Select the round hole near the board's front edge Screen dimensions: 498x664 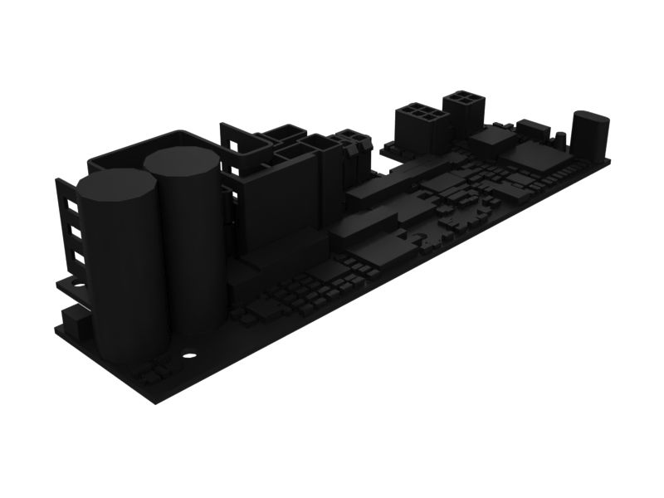pyautogui.click(x=189, y=356)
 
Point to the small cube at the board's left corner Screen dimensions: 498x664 pyautogui.click(x=75, y=320)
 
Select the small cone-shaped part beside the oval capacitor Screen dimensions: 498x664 pyautogui.click(x=562, y=135)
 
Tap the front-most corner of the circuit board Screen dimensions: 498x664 pyautogui.click(x=162, y=403)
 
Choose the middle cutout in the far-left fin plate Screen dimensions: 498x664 pyautogui.click(x=75, y=232)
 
